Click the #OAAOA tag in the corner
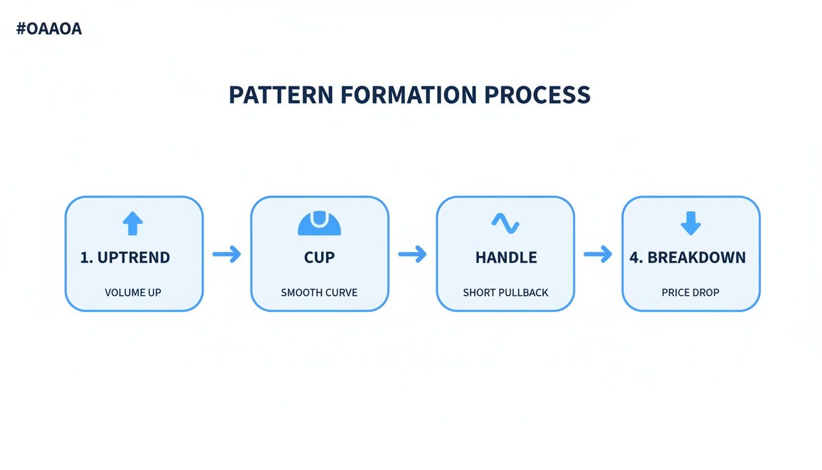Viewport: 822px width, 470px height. (48, 29)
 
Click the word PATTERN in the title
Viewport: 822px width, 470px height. (281, 95)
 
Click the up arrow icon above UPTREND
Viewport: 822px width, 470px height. (133, 224)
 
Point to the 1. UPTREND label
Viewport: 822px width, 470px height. (125, 258)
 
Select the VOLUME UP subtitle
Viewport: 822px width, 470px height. (133, 293)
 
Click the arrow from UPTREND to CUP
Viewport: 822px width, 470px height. (227, 254)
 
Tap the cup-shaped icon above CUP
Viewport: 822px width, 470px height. (319, 223)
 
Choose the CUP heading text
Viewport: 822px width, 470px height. (319, 258)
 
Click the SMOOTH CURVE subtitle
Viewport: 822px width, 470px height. (319, 293)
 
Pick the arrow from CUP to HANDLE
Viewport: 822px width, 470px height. (412, 254)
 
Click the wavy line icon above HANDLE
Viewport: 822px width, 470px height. (505, 224)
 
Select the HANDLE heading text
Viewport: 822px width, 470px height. (506, 258)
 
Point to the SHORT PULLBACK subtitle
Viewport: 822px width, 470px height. (505, 293)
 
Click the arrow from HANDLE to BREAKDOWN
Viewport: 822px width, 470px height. (598, 254)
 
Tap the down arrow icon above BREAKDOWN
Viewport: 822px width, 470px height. (691, 224)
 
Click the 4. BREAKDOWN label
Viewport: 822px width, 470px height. (688, 258)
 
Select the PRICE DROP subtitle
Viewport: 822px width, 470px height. (691, 293)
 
